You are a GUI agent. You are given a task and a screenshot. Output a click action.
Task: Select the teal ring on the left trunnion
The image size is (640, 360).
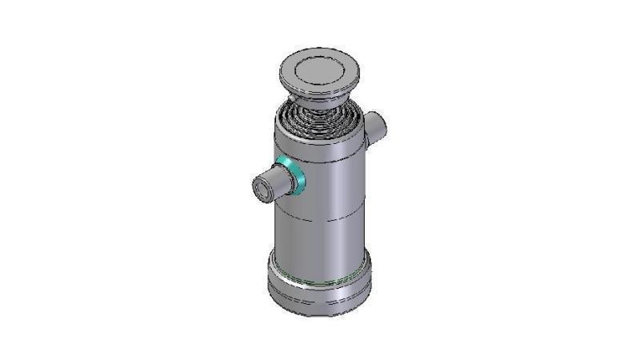pos(293,177)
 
